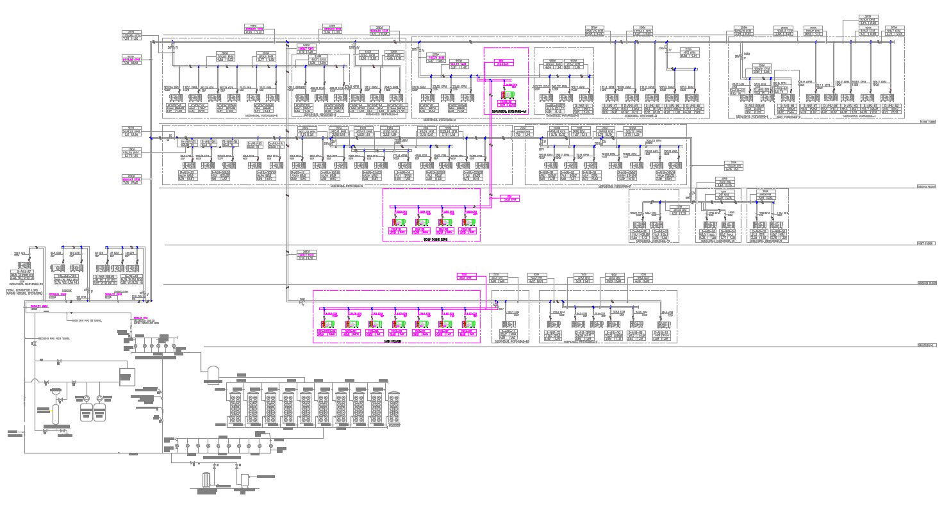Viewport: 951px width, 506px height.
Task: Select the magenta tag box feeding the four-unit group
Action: point(506,199)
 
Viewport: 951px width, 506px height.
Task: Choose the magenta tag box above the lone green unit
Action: point(505,63)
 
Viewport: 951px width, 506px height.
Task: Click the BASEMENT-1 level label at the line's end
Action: point(927,346)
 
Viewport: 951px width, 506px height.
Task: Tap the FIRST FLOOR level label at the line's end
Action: point(927,244)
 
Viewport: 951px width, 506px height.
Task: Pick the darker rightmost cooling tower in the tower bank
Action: point(394,409)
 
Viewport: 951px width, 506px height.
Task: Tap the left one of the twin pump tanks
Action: point(86,409)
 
